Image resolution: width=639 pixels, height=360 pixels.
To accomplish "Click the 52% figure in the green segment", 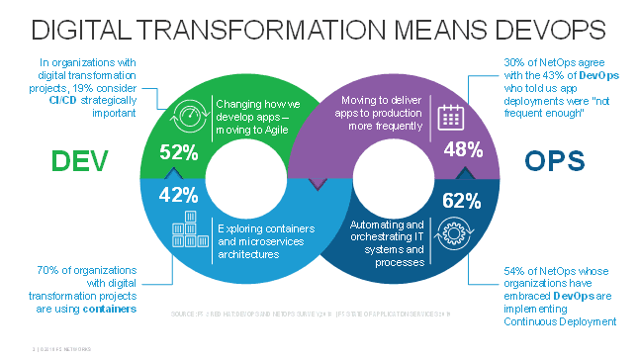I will click(x=178, y=153).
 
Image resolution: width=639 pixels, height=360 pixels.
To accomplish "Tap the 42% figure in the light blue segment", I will click(x=178, y=193).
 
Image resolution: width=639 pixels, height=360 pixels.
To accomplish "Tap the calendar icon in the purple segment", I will click(x=450, y=117).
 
